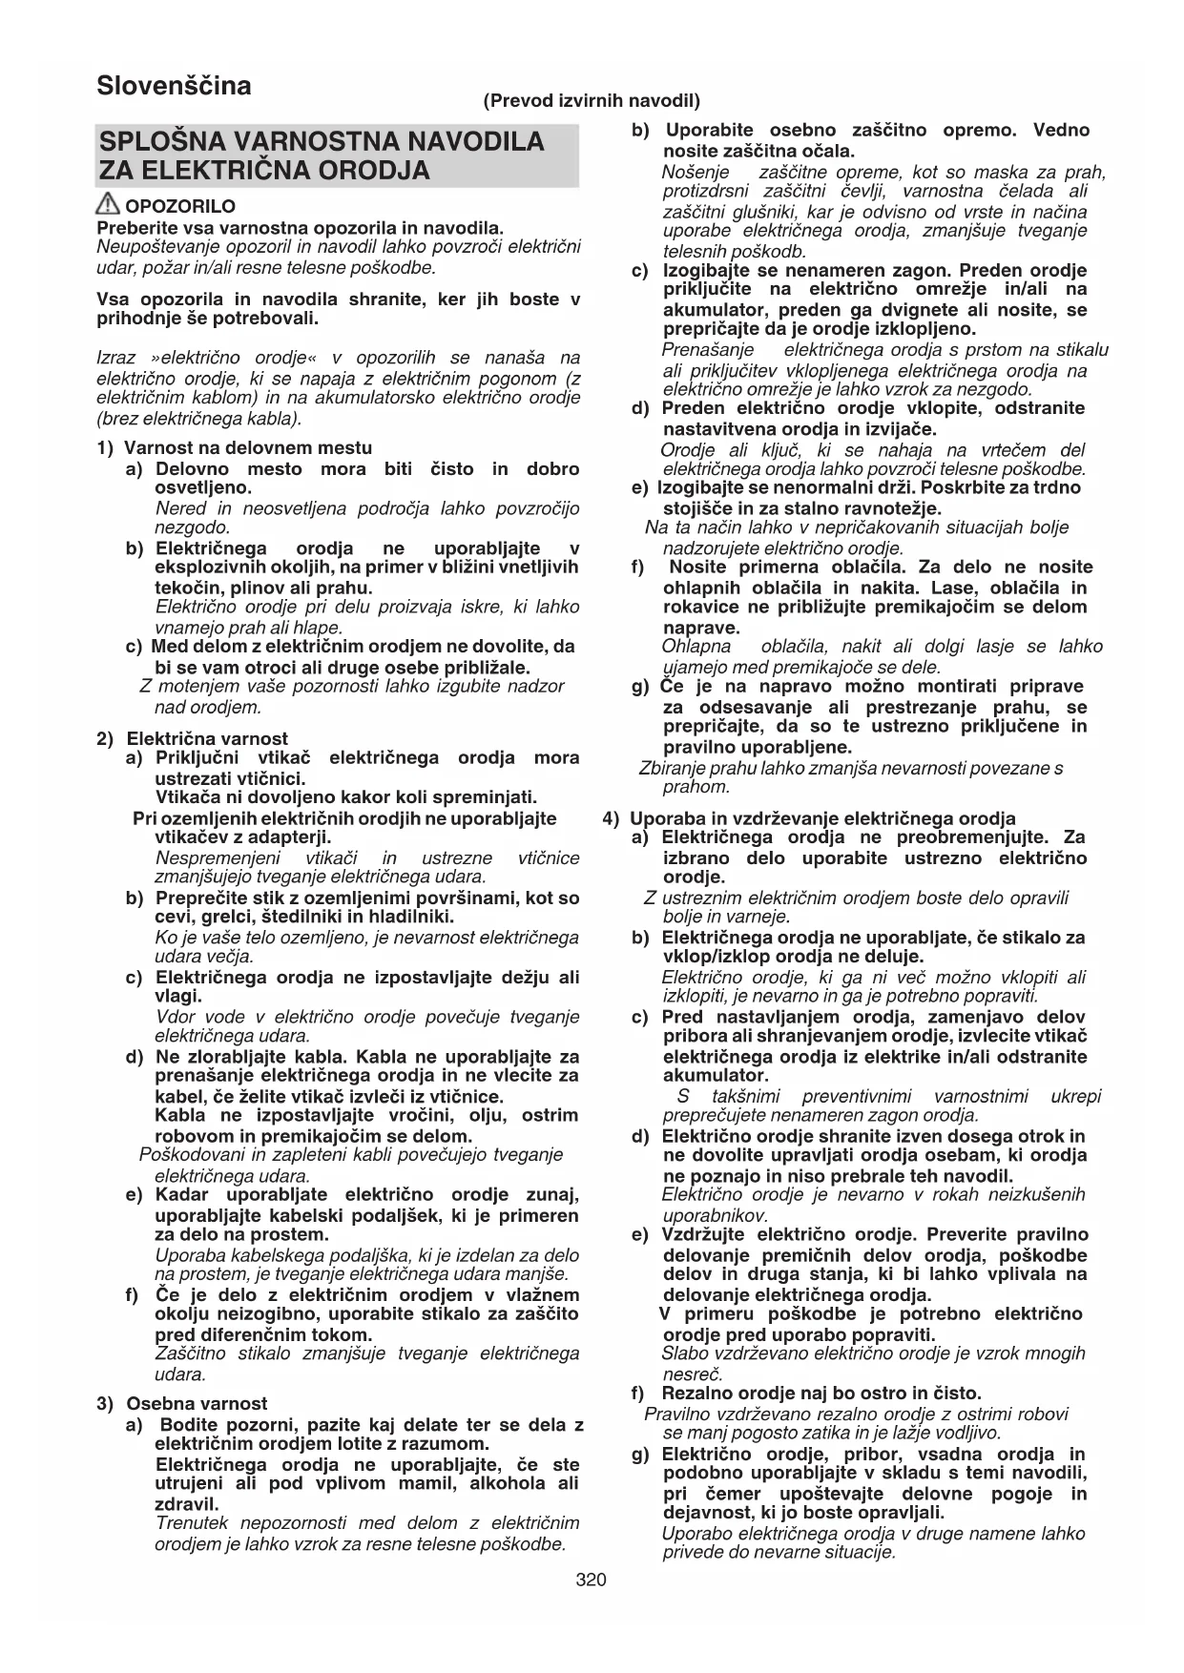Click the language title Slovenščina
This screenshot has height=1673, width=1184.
click(174, 86)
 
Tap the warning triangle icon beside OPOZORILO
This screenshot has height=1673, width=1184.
click(109, 204)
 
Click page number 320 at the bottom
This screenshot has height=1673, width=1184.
click(591, 1580)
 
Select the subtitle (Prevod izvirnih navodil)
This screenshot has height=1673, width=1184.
click(592, 100)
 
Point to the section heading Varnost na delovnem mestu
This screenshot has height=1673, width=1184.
click(248, 447)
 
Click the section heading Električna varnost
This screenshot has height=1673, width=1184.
click(207, 738)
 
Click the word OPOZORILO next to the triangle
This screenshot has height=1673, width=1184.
click(180, 206)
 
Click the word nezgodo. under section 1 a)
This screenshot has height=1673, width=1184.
click(192, 527)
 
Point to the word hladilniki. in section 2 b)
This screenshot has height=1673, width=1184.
click(412, 917)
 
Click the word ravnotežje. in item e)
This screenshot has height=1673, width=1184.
click(885, 508)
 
